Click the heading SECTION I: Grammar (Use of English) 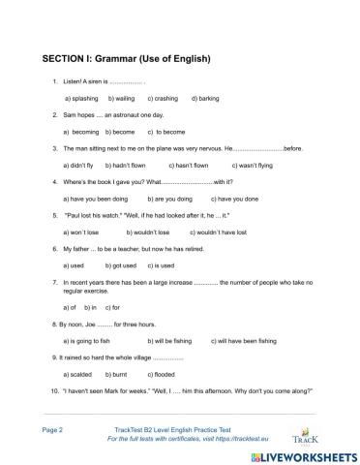(x=126, y=58)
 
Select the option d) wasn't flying (x=256, y=165)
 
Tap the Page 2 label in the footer (x=53, y=427)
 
